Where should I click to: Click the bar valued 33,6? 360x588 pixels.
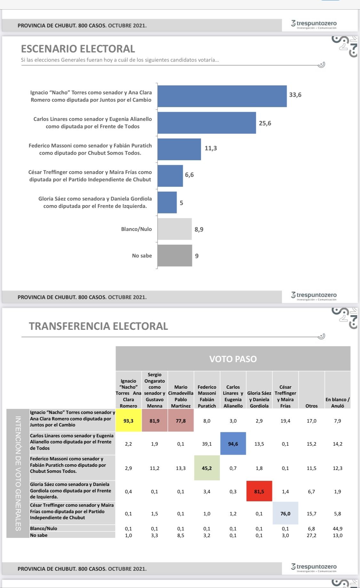(x=222, y=96)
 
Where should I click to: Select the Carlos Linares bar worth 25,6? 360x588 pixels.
(x=207, y=123)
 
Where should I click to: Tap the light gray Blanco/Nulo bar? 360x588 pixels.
(x=174, y=229)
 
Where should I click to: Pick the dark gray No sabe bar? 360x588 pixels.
(x=175, y=256)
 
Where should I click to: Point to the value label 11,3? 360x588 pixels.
(x=211, y=148)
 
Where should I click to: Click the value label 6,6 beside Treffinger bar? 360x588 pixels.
(x=189, y=175)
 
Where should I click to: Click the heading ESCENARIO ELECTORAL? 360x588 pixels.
(x=78, y=49)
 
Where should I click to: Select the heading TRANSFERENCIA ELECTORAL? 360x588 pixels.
(x=98, y=326)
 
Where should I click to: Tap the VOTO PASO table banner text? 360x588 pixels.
(x=233, y=359)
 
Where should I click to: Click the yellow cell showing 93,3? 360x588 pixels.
(x=128, y=421)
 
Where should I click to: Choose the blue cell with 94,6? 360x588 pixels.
(x=233, y=444)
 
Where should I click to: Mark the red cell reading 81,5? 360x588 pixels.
(x=259, y=491)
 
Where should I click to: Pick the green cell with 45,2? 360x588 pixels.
(x=207, y=468)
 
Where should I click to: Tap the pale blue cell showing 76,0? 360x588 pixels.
(x=285, y=513)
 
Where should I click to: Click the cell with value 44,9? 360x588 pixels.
(x=338, y=528)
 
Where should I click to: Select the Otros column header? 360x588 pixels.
(x=311, y=406)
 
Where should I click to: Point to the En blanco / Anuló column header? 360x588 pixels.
(x=338, y=402)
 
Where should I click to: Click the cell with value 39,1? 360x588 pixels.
(x=207, y=444)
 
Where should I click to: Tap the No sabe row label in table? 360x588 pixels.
(x=39, y=535)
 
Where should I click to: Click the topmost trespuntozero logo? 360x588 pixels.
(x=314, y=24)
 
